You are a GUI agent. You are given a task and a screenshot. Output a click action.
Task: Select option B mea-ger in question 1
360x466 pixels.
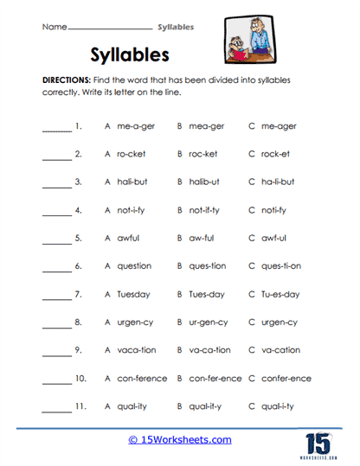(x=206, y=126)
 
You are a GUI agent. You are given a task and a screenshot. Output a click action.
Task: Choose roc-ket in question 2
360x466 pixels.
(x=203, y=154)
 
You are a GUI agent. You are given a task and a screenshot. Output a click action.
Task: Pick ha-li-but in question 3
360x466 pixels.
(x=277, y=182)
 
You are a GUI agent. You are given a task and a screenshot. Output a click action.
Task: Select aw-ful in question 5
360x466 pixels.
(x=202, y=239)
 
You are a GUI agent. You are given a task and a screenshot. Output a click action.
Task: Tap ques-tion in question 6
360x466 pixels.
(x=208, y=266)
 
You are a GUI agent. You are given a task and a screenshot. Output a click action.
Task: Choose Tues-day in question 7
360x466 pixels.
(x=207, y=294)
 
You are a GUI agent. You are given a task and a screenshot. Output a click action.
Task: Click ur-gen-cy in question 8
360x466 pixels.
(x=209, y=322)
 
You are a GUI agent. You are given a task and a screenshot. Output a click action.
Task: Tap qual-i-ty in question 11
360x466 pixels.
(x=283, y=406)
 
